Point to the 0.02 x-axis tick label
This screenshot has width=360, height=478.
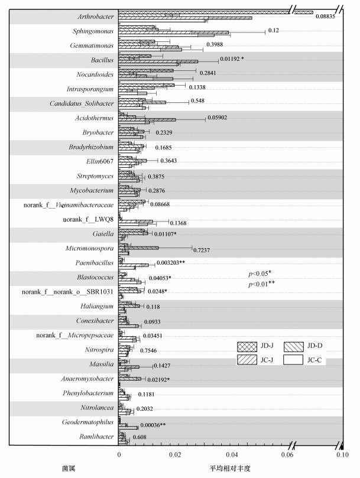(x=175, y=455)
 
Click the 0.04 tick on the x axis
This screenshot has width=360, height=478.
(x=231, y=455)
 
